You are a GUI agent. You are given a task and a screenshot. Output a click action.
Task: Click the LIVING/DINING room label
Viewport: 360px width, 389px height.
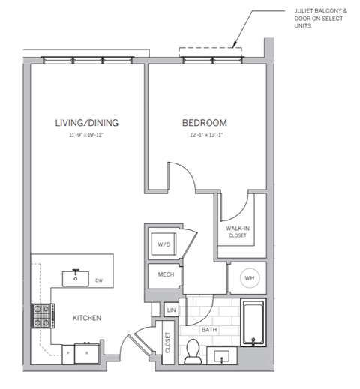click(x=87, y=122)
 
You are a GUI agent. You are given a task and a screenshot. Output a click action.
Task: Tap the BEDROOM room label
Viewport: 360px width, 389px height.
click(x=204, y=122)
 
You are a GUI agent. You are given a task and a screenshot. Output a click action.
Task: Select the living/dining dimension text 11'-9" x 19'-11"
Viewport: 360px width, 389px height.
click(x=87, y=136)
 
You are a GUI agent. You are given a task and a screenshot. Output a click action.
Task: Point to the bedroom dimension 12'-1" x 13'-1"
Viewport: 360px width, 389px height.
click(x=204, y=136)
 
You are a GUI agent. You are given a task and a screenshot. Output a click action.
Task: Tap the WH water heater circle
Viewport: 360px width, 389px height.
click(x=249, y=279)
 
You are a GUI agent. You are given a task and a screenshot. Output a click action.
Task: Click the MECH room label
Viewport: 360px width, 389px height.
click(x=166, y=275)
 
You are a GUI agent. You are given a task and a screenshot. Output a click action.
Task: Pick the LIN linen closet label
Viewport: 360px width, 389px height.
click(x=171, y=309)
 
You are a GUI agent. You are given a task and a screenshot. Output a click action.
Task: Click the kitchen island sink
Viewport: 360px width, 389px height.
click(x=76, y=277)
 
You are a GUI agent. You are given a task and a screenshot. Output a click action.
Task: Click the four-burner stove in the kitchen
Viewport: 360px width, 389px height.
click(x=40, y=316)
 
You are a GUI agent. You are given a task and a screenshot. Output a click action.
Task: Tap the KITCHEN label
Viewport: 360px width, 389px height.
click(x=86, y=318)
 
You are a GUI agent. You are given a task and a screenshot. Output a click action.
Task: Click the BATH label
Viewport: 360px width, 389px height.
click(x=209, y=329)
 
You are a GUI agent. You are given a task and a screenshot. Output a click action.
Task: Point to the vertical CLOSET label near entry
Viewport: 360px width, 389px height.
click(x=167, y=343)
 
